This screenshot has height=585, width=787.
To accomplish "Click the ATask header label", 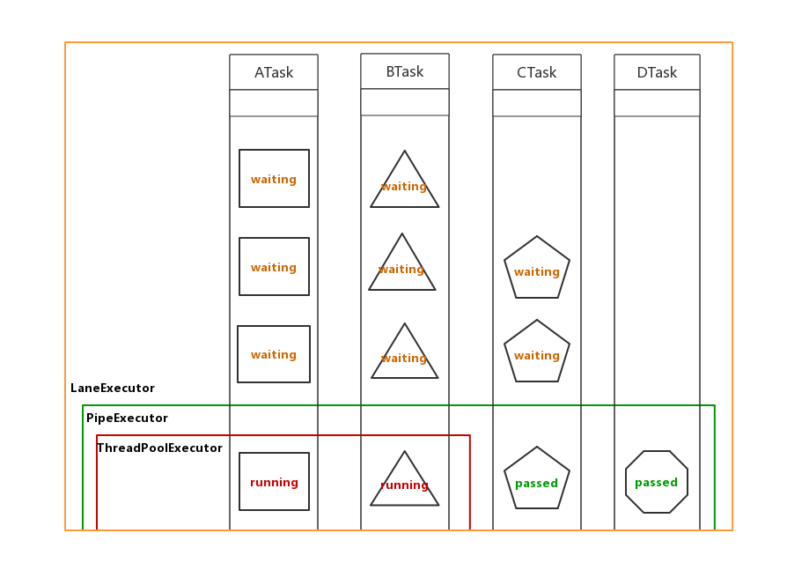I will tap(274, 73).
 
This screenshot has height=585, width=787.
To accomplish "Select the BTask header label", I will tap(405, 72).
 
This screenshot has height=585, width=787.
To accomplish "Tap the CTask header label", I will tap(537, 73).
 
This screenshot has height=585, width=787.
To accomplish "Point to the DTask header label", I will tap(657, 73).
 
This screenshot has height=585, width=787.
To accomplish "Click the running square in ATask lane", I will tap(274, 482).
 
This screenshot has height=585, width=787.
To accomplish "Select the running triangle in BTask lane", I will tap(404, 484).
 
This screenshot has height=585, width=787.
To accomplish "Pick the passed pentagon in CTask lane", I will tap(537, 480).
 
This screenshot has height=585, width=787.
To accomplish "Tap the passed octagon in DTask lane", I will tap(657, 482).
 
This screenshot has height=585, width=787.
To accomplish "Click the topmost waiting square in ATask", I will tap(274, 179).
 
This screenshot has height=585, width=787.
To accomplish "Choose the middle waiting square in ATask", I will tap(274, 267).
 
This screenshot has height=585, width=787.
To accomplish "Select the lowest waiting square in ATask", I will tap(274, 354).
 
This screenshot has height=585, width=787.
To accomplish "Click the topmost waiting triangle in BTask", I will tap(404, 185).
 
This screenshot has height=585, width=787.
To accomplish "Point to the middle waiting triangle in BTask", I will tap(402, 268).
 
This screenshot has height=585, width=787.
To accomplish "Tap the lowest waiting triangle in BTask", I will tap(404, 357).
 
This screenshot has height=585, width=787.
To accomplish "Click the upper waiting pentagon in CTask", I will tap(537, 269).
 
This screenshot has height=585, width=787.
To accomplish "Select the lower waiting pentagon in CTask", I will tap(537, 352).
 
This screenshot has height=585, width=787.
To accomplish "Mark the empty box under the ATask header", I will tap(274, 103).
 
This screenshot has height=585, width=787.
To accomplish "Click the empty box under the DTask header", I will tap(657, 103).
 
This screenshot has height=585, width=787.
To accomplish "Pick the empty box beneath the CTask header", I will tap(537, 103).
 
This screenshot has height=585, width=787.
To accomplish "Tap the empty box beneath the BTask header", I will tap(405, 102).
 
